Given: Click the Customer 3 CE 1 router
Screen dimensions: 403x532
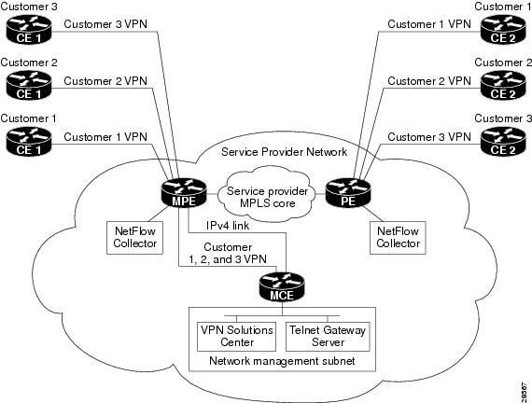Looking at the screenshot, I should coord(28,33).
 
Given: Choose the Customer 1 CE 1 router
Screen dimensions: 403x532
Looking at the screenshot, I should coord(28,142).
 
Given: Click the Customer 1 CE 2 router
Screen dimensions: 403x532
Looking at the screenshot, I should coord(503,33).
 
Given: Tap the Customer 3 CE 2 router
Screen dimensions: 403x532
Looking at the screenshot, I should coord(503,142).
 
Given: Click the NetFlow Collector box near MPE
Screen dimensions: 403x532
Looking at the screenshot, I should coord(134,237).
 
